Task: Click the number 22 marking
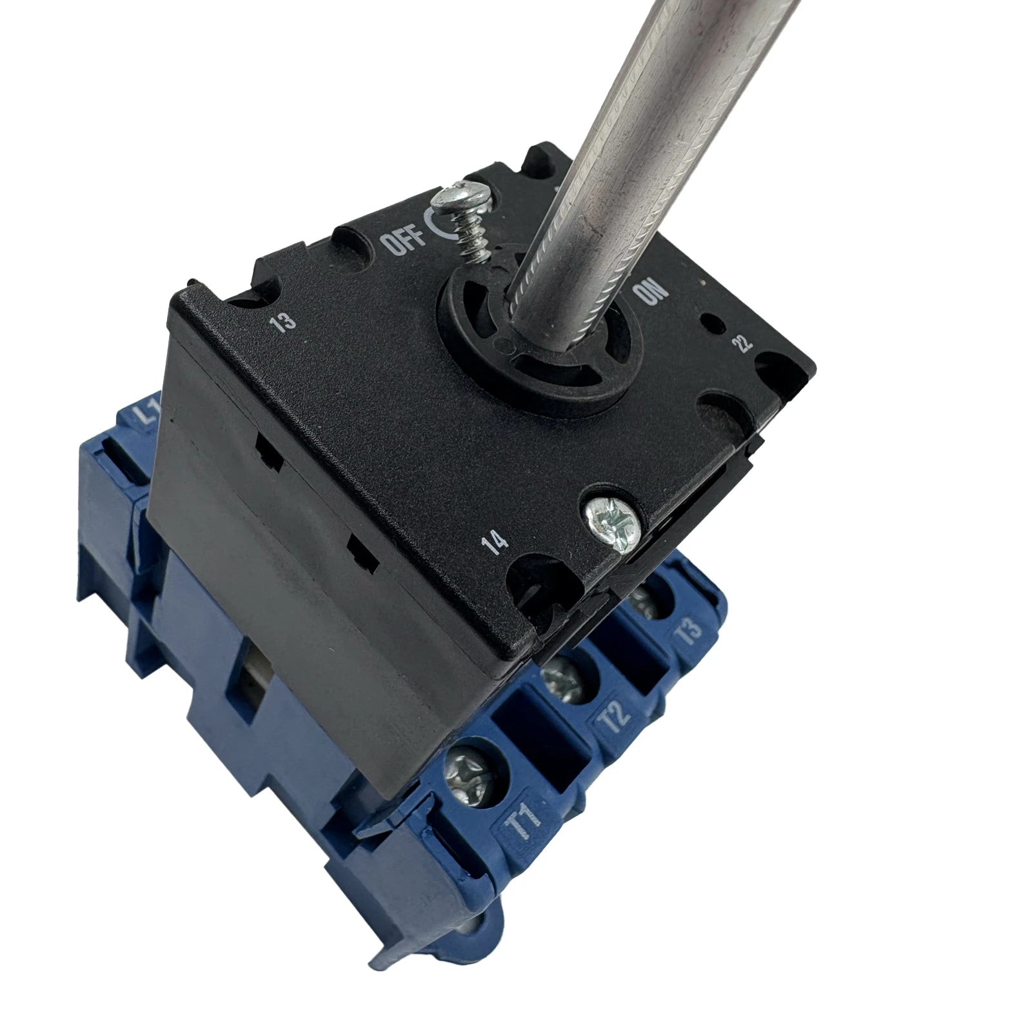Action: point(744,344)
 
